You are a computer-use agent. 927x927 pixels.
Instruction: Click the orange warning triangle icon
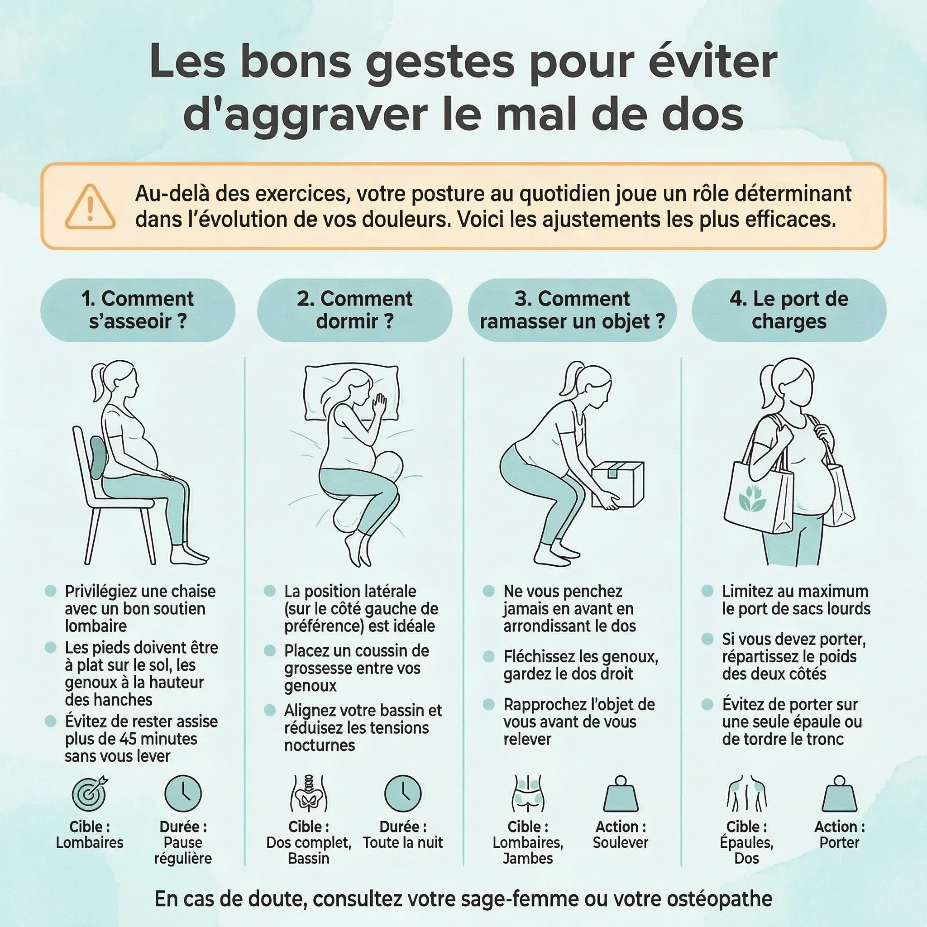point(90,208)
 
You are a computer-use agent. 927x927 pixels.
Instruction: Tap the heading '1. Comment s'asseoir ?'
point(138,310)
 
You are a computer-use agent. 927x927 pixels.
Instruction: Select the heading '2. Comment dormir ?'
point(354,310)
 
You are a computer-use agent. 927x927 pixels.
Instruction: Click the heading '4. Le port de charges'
point(789,310)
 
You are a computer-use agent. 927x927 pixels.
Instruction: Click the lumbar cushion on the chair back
point(97,457)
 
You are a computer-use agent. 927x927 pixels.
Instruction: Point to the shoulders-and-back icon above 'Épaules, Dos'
point(746,794)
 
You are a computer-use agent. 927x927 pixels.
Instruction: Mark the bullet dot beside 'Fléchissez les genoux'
point(488,656)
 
